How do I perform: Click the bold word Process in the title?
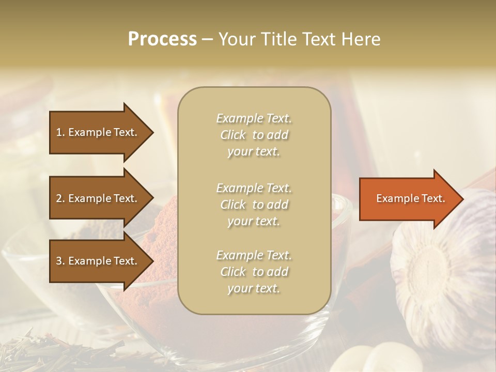tap(162, 39)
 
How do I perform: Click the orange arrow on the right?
tap(408, 198)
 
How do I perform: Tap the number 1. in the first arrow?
tap(60, 132)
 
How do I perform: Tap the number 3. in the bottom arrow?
tap(60, 261)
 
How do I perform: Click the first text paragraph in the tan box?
tap(254, 135)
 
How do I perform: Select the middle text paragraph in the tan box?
tap(254, 205)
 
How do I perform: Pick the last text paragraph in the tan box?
tap(254, 272)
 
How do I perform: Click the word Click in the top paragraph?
tap(233, 135)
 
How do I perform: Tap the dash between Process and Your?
tap(208, 39)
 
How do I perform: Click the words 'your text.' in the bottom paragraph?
tap(254, 288)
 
